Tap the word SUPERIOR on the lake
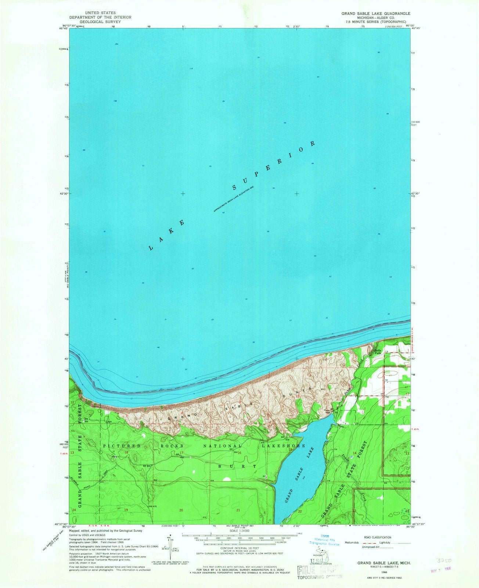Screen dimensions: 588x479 tap(274, 165)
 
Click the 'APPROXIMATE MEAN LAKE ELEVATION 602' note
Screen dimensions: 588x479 tap(234, 198)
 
